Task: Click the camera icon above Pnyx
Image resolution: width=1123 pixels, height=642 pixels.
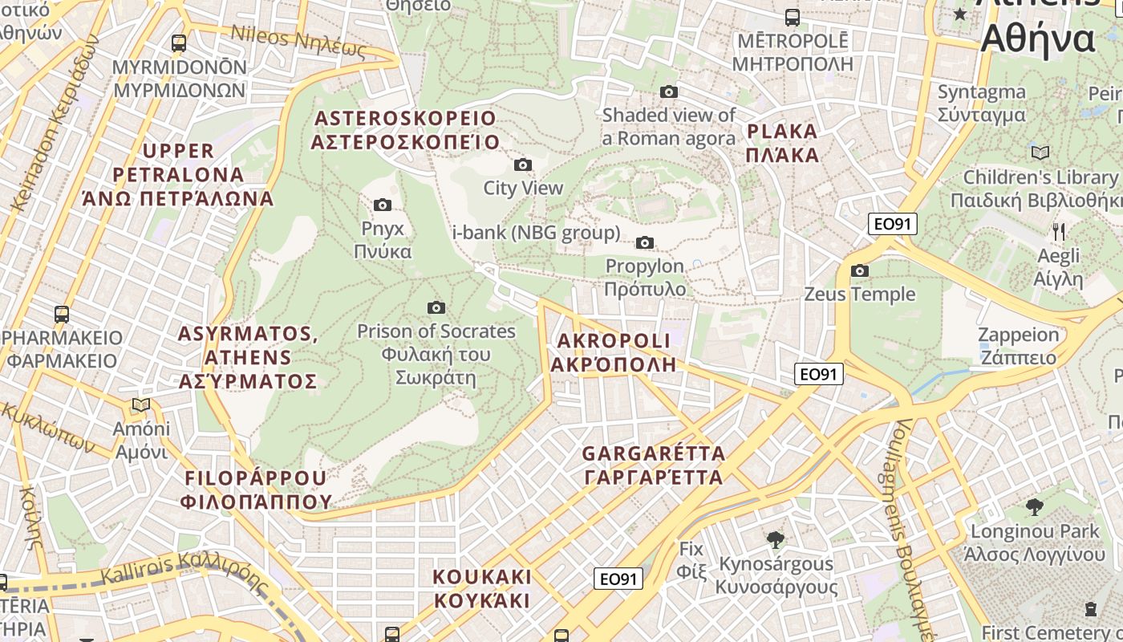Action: (x=383, y=205)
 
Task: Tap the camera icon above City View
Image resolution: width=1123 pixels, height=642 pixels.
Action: (x=523, y=165)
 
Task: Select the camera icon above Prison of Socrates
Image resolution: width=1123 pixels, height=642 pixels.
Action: (x=436, y=307)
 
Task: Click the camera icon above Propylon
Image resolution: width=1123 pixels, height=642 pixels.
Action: (x=645, y=242)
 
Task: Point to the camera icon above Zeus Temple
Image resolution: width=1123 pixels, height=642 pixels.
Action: (x=860, y=270)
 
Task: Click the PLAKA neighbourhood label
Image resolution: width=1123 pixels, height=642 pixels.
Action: (x=782, y=143)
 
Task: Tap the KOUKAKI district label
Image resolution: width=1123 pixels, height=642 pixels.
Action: (x=482, y=588)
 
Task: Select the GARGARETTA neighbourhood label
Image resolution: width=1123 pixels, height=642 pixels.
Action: (x=654, y=465)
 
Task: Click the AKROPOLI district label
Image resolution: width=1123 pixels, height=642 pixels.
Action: (x=612, y=352)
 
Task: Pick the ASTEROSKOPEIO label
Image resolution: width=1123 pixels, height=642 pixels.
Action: (x=405, y=130)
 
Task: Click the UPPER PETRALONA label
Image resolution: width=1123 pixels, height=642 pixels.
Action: (x=178, y=174)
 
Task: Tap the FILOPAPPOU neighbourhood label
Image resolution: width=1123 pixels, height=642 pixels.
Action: (x=256, y=490)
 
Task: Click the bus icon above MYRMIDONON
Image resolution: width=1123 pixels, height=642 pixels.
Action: (x=179, y=43)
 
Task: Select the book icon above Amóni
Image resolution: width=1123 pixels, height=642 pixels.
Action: (x=142, y=405)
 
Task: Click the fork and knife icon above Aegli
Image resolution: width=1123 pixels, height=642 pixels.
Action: (x=1059, y=232)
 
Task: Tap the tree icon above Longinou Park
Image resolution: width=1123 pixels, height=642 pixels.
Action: (x=1035, y=506)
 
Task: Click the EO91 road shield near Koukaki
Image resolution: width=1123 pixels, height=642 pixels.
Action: (x=618, y=579)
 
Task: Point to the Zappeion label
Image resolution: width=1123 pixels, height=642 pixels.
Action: (x=1018, y=346)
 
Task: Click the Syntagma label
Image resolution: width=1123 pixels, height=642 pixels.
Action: (x=982, y=104)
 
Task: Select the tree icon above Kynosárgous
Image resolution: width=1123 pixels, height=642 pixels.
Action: (x=775, y=539)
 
